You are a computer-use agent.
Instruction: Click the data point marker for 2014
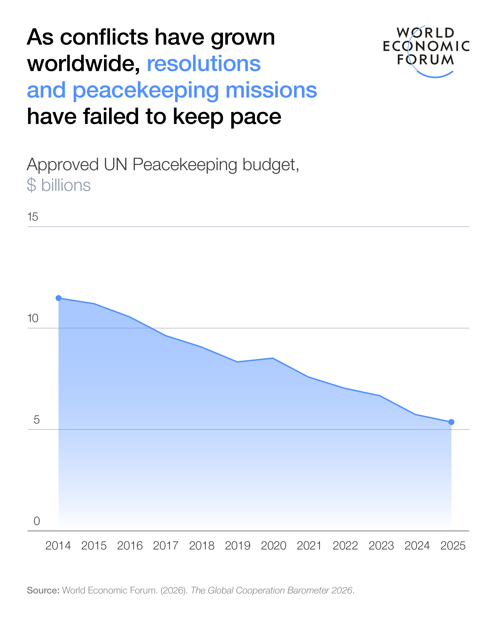58,298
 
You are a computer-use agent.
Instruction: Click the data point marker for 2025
451,422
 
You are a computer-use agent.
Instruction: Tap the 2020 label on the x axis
273,546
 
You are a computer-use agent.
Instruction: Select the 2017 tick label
166,546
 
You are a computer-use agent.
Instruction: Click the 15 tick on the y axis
32,217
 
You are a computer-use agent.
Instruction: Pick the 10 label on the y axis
32,318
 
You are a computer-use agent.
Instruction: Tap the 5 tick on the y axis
36,420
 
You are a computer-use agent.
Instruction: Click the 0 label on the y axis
37,521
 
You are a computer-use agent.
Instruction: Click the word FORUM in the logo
425,60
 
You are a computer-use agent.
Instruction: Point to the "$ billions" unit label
59,185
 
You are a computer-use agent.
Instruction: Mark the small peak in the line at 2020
273,358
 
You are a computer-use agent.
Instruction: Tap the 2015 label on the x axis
94,546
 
